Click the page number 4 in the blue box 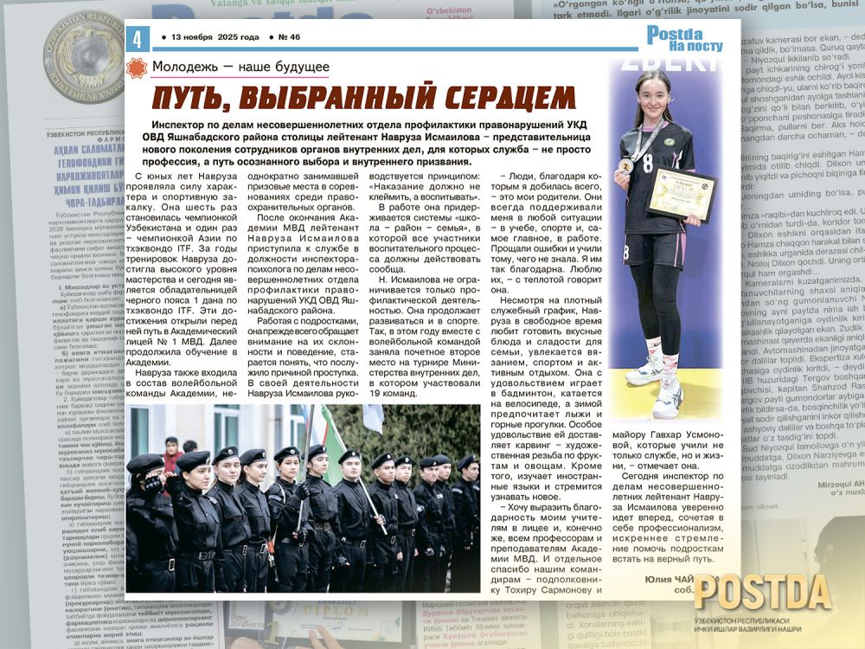tap(137, 39)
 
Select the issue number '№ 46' tap(289, 38)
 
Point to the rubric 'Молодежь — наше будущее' tap(240, 67)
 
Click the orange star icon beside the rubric tap(137, 68)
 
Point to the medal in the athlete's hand tap(625, 164)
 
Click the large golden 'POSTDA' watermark tap(761, 592)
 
